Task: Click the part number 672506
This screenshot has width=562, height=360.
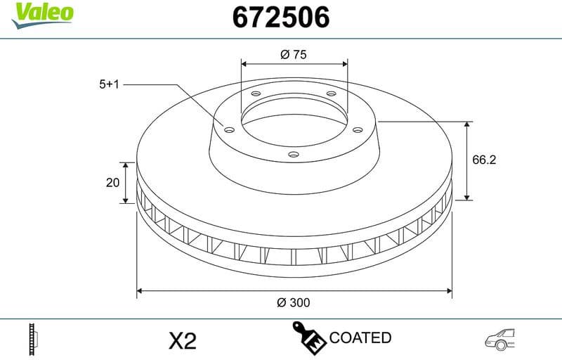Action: coord(280,18)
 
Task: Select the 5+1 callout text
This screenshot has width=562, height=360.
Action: coord(110,84)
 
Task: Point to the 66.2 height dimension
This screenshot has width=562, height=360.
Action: coord(484,160)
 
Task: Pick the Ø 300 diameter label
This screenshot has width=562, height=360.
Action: coord(294,302)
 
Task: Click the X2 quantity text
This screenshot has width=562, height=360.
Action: coord(183,342)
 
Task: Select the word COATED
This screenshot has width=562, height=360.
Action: coord(360,337)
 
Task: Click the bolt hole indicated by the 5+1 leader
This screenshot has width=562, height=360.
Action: coord(229,129)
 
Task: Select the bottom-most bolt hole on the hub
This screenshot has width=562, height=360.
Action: coord(294,154)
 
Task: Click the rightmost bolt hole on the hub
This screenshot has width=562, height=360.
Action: coord(357,129)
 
